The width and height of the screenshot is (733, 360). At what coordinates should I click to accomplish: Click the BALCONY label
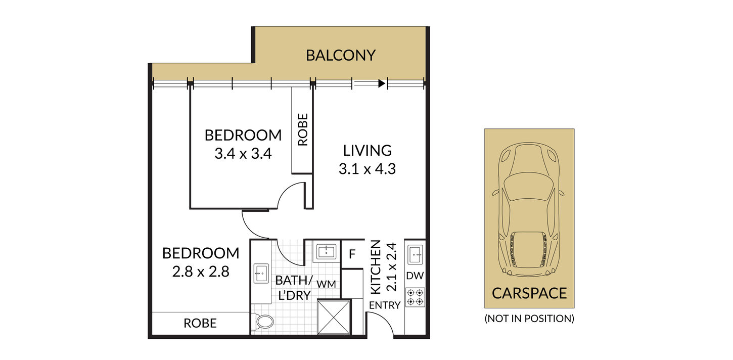[x=341, y=55]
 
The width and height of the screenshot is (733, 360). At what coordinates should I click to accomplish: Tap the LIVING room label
[x=367, y=151]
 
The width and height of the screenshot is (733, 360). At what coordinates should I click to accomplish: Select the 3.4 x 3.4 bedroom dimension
[x=243, y=154]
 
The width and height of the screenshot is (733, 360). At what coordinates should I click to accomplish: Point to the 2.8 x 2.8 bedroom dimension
[x=201, y=272]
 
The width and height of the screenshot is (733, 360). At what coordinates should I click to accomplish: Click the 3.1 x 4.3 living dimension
[x=367, y=169]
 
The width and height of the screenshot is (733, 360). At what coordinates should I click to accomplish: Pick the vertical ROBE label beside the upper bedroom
[x=303, y=129]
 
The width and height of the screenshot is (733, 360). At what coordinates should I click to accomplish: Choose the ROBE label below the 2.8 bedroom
[x=200, y=324]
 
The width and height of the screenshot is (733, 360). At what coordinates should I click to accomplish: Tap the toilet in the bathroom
[x=264, y=322]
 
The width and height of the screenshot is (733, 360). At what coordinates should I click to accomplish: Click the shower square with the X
[x=334, y=318]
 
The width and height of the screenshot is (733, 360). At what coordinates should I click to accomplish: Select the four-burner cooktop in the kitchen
[x=415, y=297]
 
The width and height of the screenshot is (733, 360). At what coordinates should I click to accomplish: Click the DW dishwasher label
[x=415, y=276]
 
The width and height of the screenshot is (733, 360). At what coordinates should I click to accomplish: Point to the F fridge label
[x=352, y=254]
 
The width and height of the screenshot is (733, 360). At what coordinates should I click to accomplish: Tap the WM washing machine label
[x=326, y=284]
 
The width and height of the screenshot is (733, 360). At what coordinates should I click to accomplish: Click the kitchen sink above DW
[x=415, y=254]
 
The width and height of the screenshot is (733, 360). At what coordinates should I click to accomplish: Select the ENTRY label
[x=385, y=305]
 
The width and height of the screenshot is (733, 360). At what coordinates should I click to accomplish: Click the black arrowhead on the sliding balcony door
[x=382, y=83]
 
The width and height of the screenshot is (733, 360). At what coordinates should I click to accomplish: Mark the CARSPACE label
[x=529, y=293]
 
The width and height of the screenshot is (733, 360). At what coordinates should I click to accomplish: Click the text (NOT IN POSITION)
[x=529, y=319]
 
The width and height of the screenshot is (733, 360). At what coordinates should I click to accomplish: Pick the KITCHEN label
[x=376, y=267]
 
